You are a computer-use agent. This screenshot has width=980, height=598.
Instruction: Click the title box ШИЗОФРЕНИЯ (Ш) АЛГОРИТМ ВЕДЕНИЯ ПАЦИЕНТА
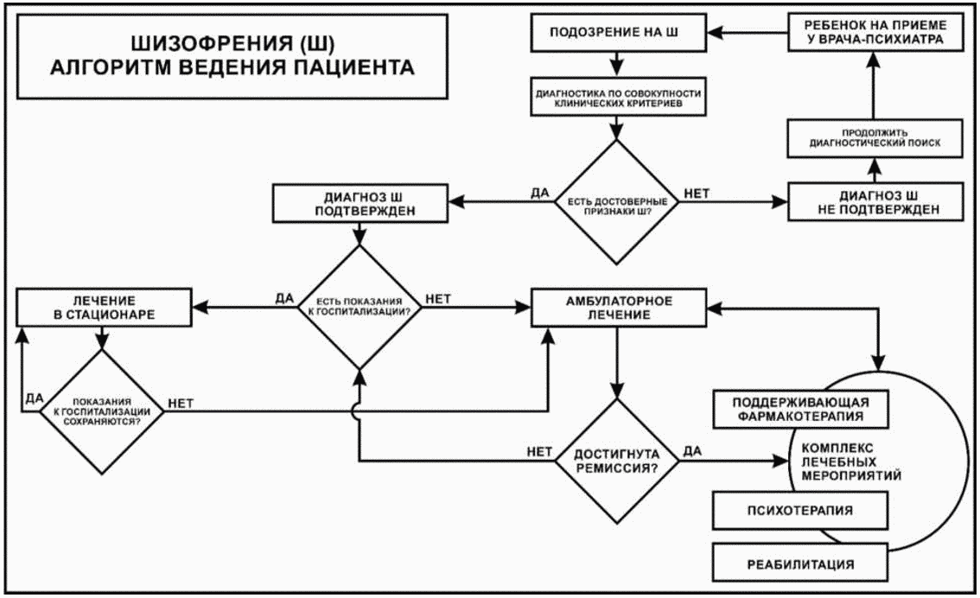click(x=232, y=56)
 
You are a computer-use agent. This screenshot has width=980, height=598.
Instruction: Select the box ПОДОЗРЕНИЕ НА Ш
click(x=618, y=33)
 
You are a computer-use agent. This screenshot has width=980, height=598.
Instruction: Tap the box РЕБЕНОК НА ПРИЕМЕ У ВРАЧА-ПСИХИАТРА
click(x=875, y=33)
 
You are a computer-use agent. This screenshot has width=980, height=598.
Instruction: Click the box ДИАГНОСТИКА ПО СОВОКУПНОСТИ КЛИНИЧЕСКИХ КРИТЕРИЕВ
click(x=618, y=98)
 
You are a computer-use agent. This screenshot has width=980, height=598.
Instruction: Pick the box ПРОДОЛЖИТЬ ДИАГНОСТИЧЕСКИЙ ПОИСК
click(x=875, y=138)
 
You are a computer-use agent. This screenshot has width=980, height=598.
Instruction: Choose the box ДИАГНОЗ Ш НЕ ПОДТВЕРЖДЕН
click(x=875, y=202)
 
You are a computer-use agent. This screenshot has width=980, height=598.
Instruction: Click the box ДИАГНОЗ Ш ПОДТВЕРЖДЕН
click(x=360, y=203)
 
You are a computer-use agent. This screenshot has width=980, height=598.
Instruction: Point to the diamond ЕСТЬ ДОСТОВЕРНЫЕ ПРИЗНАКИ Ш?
click(x=617, y=202)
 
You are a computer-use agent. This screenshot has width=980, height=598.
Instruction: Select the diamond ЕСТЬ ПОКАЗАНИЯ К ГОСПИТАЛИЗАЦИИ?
click(x=360, y=307)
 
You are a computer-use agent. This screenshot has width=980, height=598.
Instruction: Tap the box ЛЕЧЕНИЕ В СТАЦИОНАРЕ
click(x=104, y=308)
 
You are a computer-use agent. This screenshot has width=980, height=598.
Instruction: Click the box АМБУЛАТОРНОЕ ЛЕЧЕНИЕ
click(x=618, y=308)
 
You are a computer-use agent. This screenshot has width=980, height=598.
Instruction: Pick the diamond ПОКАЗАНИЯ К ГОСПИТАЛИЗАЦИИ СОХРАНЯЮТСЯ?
click(x=102, y=412)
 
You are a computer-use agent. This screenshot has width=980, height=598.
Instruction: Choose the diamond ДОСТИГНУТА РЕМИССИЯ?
click(x=617, y=461)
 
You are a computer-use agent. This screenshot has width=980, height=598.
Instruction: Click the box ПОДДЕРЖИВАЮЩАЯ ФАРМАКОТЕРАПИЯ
click(x=800, y=410)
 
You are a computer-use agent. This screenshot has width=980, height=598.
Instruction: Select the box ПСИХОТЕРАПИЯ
click(x=800, y=510)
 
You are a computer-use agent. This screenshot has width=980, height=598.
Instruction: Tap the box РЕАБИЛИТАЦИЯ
click(x=800, y=563)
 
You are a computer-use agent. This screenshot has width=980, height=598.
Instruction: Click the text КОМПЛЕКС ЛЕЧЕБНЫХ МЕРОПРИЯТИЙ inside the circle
click(x=851, y=461)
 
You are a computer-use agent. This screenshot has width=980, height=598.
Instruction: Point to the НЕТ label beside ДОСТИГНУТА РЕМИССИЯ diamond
click(x=539, y=451)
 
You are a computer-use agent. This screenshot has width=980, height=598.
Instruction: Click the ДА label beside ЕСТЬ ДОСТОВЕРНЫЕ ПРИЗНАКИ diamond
click(x=539, y=193)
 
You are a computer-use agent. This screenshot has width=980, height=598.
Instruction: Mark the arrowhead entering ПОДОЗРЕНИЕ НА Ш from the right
click(x=716, y=33)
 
